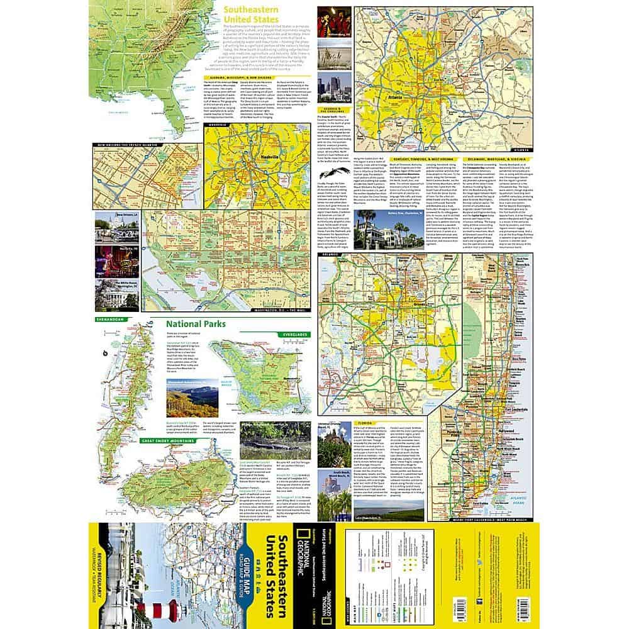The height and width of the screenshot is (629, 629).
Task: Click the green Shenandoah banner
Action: (x=108, y=320)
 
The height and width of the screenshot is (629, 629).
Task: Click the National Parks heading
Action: (x=196, y=326)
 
